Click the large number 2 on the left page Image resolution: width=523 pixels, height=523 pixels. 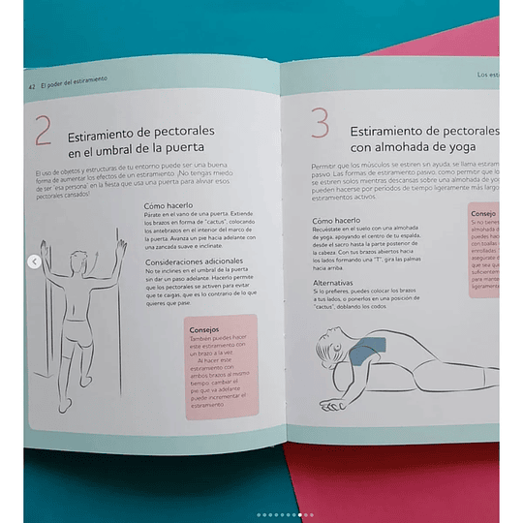click(43, 131)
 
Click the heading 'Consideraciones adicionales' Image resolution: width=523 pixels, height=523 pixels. click(190, 261)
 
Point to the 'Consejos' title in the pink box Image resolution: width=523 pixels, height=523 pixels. click(204, 328)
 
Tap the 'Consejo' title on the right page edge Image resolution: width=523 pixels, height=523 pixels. click(484, 212)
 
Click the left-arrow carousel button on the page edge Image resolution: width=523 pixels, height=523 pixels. click(34, 261)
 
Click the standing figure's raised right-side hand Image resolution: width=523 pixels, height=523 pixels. click(122, 247)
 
